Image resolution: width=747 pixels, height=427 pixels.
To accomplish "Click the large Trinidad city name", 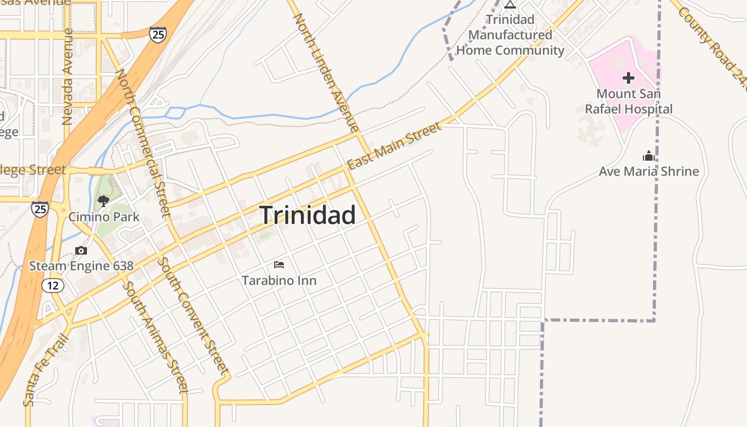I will [x=308, y=215].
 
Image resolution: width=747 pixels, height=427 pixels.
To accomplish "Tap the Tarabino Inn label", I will [x=279, y=280].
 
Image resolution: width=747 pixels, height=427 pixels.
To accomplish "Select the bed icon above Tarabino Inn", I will [x=279, y=264].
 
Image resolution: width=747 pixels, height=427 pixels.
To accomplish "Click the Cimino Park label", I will [x=104, y=217].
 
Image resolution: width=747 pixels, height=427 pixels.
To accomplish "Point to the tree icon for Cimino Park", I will [x=104, y=201].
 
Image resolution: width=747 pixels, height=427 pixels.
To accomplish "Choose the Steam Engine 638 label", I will [x=81, y=266].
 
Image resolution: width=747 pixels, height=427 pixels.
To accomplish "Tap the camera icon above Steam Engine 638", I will [x=81, y=250].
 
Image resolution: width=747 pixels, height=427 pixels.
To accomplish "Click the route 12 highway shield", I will [x=53, y=286].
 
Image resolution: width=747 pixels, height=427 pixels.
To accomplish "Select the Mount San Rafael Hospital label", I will [x=629, y=101].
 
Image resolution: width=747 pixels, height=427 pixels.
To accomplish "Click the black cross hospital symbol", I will [x=629, y=78].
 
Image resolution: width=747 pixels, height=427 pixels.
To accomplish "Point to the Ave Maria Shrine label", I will [x=649, y=171].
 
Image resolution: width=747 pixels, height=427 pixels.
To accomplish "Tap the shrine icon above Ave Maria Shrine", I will [x=649, y=156].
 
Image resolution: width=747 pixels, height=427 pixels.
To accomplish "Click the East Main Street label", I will [x=394, y=145].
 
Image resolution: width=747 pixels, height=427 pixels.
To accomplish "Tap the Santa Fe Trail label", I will [x=46, y=369].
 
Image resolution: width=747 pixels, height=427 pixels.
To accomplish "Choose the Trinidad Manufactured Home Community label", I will [x=510, y=35].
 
